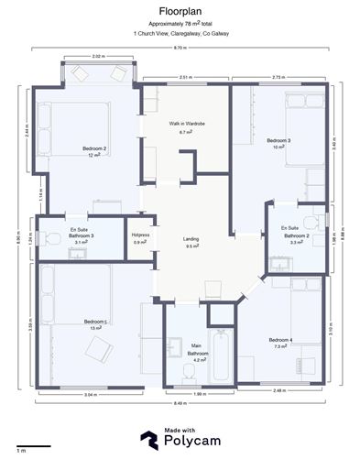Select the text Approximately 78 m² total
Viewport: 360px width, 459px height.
point(180,23)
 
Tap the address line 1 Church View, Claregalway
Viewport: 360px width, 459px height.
point(180,33)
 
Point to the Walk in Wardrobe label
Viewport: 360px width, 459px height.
point(186,126)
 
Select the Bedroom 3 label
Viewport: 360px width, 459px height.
point(278,143)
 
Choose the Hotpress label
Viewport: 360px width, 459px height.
point(139,237)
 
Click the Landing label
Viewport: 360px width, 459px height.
point(193,242)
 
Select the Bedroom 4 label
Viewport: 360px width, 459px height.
point(281,344)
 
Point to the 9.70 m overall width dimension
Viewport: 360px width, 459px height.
point(180,47)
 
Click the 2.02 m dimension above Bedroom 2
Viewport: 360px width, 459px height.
point(98,58)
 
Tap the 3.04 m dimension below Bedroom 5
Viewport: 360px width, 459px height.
point(90,394)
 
